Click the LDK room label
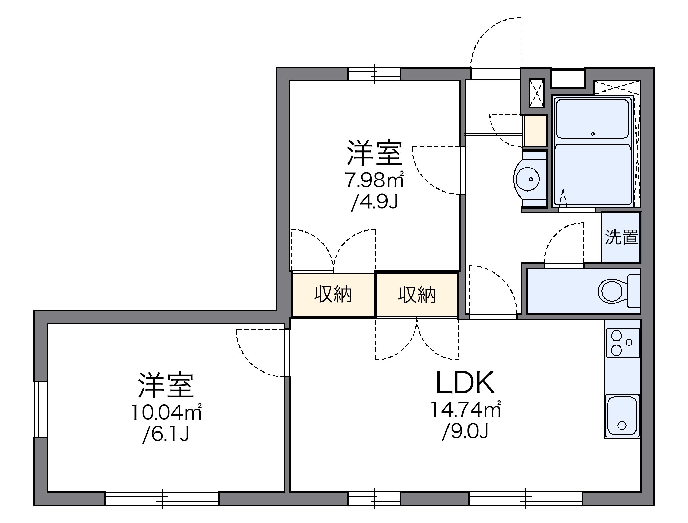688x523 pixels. coord(465,383)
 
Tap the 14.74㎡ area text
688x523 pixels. coord(465,410)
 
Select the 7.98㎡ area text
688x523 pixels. coord(374,180)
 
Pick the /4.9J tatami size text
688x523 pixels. coord(374,202)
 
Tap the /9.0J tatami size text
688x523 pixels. coord(465,432)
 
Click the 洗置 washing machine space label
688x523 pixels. coord(621,237)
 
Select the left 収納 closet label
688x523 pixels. coord(333,294)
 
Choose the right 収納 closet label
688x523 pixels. coord(417,294)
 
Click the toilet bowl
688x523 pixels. coord(612,291)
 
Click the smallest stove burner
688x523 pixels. coord(629,342)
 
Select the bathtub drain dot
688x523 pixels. coord(593,134)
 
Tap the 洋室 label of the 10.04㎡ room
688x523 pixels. coord(166,385)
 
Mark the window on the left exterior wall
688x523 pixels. coord(41,409)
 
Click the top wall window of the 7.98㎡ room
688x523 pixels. coord(374,74)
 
